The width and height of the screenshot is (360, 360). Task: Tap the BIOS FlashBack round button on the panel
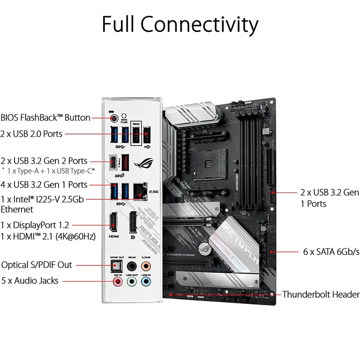114,118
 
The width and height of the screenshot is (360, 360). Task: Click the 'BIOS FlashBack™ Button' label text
45,118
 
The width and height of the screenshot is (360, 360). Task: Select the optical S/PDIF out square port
116,265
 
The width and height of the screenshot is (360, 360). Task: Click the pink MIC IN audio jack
117,281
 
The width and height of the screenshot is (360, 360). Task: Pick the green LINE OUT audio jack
132,281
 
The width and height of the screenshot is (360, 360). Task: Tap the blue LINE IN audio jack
146,281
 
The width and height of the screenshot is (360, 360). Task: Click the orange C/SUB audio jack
146,265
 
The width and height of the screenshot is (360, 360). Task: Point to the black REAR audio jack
132,265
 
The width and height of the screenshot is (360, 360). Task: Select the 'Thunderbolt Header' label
321,295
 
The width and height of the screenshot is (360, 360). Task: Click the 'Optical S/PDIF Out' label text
36,265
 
